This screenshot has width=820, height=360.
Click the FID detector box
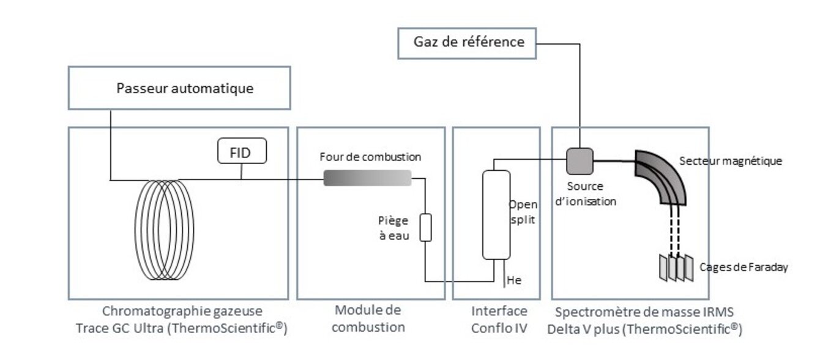point(243,152)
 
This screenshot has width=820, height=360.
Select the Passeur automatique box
point(179,88)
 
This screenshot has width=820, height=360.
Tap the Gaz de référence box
point(468,42)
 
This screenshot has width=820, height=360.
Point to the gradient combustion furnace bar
point(367,178)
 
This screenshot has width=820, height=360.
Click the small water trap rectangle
point(425,227)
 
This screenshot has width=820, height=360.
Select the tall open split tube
point(496,214)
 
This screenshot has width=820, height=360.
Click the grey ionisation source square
point(580,161)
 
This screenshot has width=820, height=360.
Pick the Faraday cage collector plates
point(676,268)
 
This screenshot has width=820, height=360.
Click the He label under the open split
point(515,280)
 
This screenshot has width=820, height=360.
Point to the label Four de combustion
point(370,157)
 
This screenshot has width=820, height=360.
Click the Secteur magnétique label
point(731,161)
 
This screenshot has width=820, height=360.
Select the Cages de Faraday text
point(742,267)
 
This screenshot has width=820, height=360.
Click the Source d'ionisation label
point(584,193)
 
